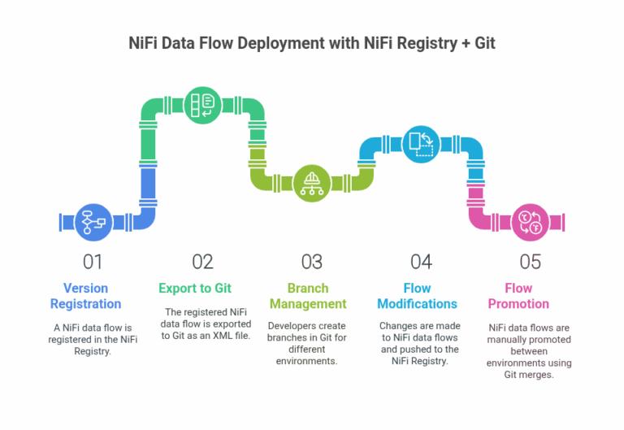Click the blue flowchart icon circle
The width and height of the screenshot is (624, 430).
pyautogui.click(x=90, y=221)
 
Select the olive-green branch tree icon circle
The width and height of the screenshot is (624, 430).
pyautogui.click(x=311, y=180)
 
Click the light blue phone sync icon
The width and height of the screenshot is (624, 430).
pyautogui.click(x=420, y=142)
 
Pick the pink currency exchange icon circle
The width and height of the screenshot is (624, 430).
pyautogui.click(x=531, y=221)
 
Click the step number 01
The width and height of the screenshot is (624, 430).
pyautogui.click(x=93, y=262)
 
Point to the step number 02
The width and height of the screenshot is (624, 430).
pyautogui.click(x=202, y=262)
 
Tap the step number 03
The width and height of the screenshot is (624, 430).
pyautogui.click(x=311, y=262)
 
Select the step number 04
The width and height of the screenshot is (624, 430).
pyautogui.click(x=420, y=262)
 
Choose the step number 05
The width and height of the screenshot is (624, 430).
pyautogui.click(x=530, y=262)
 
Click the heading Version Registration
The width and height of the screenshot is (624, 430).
pyautogui.click(x=85, y=296)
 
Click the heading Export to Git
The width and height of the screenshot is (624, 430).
pyautogui.click(x=195, y=288)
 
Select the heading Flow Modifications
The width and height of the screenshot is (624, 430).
pyautogui.click(x=418, y=296)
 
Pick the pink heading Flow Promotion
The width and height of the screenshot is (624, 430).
pyautogui.click(x=518, y=296)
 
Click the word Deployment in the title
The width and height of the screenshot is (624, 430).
pyautogui.click(x=260, y=44)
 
